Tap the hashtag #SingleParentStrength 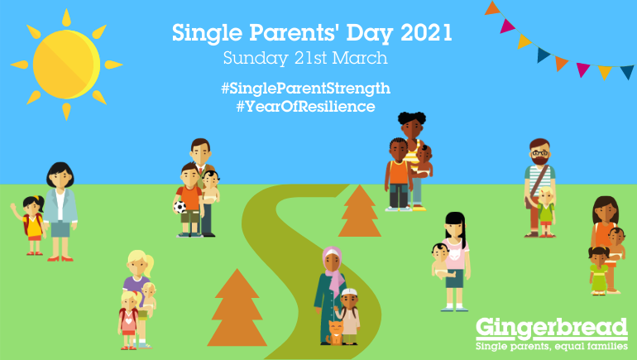305,88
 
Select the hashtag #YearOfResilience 305,107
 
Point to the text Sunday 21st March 305,60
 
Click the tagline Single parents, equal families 551,347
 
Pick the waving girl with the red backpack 33,223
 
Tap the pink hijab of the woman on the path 333,263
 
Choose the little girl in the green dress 598,269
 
